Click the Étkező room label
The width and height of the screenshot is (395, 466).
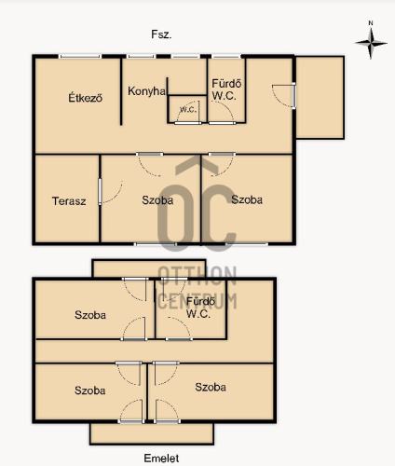coord(86,98)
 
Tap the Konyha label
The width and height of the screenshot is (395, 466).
coord(146,91)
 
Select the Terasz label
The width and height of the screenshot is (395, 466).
coord(69,201)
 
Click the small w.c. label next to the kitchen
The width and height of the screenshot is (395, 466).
coord(188,110)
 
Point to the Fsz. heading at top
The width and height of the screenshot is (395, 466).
coord(161,34)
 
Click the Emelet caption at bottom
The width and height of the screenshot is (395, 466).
coord(161,458)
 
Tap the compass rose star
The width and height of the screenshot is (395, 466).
coord(371,43)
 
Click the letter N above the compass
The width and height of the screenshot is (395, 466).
coord(371,23)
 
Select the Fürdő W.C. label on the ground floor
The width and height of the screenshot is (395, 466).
coord(226,89)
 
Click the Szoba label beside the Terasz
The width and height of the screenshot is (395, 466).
coord(157,200)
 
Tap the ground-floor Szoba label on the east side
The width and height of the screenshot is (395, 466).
coord(247,199)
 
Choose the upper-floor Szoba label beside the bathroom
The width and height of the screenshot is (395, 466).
coord(90,315)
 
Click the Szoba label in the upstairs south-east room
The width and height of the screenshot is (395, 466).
coord(211,387)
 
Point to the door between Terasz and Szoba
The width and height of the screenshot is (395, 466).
coord(100,191)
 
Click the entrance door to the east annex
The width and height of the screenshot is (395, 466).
coord(294,95)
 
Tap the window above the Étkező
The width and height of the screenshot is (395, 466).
coord(80,56)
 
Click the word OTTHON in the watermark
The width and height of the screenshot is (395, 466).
coord(197,276)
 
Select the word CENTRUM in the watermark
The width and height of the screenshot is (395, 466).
coord(197,301)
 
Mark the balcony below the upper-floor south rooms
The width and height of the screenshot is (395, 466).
coord(152,433)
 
